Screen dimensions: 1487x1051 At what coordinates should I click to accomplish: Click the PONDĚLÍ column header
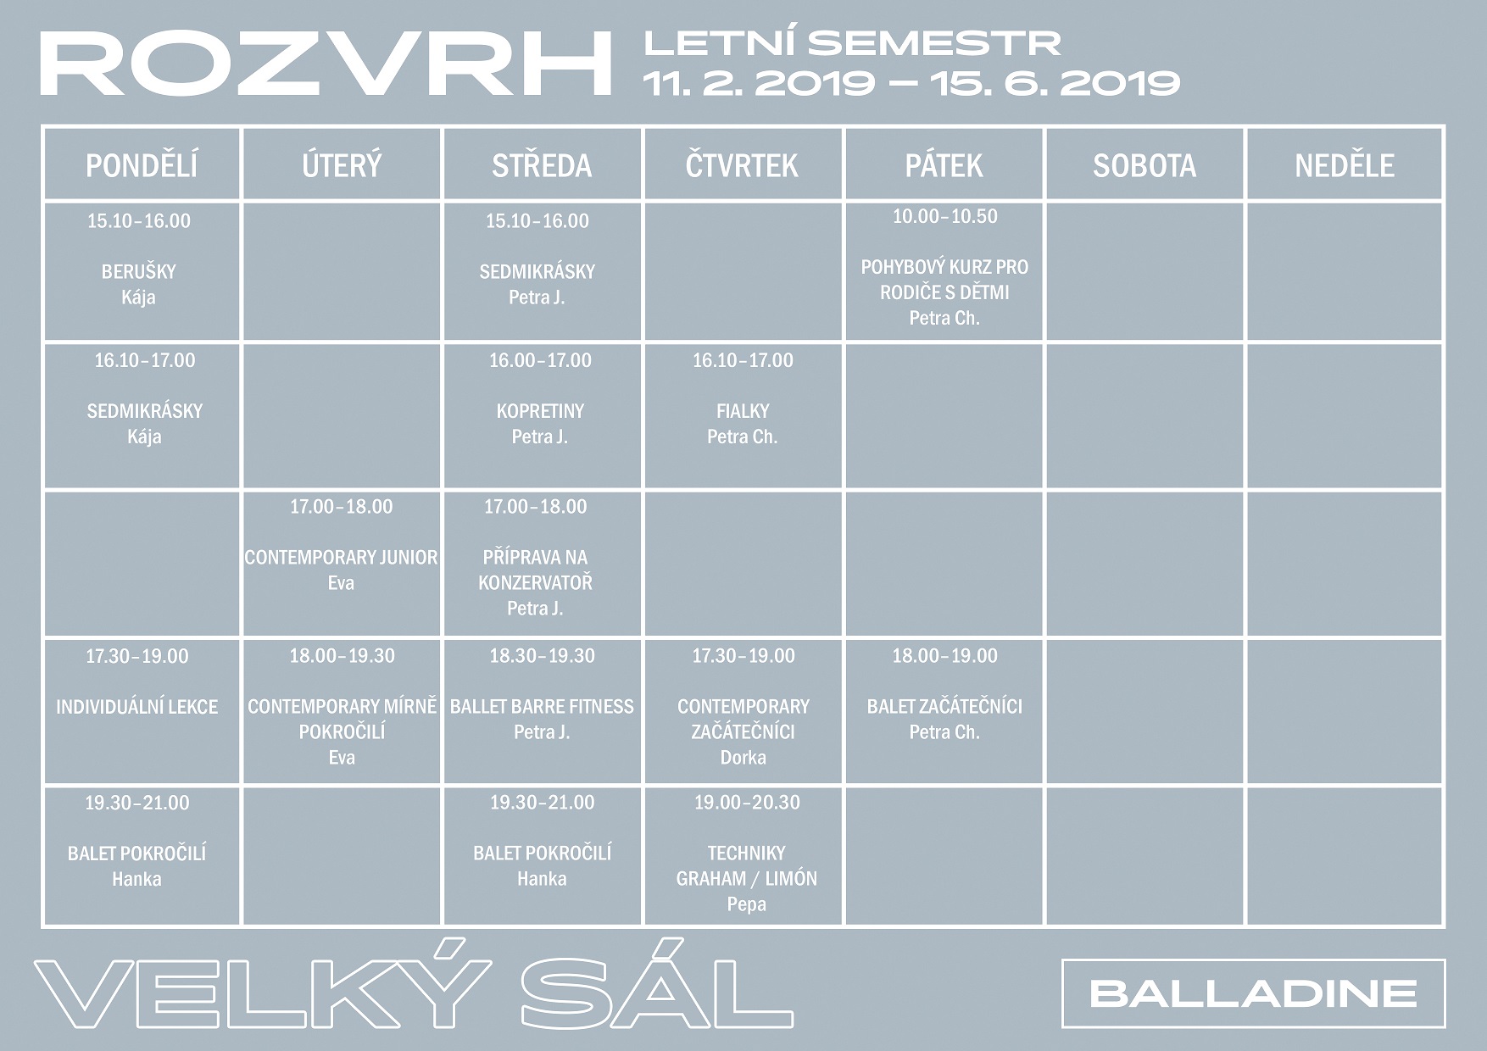(142, 165)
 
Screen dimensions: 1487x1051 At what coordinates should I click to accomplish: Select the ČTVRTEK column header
(742, 165)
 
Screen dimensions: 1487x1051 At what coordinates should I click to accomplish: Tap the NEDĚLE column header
(1345, 166)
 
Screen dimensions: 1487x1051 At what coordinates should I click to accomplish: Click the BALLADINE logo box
(1253, 993)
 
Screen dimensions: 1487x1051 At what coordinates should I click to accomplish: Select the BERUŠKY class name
(139, 272)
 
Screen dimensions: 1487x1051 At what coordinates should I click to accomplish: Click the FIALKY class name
(743, 411)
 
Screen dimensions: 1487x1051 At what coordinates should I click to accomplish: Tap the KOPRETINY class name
(540, 411)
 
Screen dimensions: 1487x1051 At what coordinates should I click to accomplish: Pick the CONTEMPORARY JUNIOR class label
(341, 558)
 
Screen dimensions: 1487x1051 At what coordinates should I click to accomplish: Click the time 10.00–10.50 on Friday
(944, 216)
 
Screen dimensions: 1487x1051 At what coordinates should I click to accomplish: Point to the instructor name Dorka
(743, 758)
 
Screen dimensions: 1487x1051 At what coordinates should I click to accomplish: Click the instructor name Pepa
(746, 905)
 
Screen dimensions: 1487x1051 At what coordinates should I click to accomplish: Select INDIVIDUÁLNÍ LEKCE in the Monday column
(136, 707)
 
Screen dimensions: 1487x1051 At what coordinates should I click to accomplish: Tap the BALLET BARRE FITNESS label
(542, 707)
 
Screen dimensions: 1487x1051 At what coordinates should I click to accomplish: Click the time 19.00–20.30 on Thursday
(747, 803)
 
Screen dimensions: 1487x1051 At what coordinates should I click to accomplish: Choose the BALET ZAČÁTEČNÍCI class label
(944, 707)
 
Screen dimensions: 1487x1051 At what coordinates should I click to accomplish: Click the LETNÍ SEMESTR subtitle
(852, 43)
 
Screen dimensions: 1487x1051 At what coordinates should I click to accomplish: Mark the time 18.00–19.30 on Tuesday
(342, 656)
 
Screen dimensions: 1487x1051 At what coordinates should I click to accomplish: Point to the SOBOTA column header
(1144, 166)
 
